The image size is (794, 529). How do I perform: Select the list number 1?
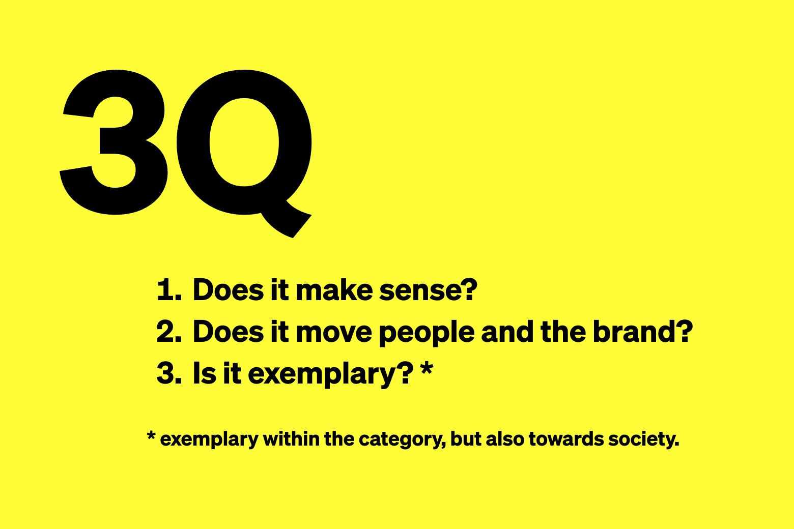[x=169, y=290]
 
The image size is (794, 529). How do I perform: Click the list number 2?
[x=169, y=332]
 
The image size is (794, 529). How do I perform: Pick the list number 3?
[x=169, y=374]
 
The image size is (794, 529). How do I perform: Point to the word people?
[x=427, y=333]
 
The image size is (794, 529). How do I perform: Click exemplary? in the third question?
[x=329, y=375]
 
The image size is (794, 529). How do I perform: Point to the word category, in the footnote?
[x=402, y=440]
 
